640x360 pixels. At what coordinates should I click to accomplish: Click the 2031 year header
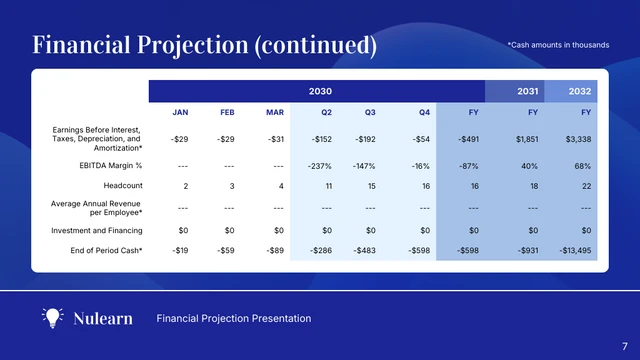click(x=528, y=90)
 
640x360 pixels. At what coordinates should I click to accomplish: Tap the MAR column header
click(x=275, y=111)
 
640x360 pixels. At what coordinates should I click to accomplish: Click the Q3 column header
click(x=370, y=111)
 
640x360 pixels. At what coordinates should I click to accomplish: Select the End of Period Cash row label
click(x=100, y=249)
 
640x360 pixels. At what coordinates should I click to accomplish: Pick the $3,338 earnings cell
click(x=578, y=139)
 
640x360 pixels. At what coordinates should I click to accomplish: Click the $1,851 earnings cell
click(x=527, y=139)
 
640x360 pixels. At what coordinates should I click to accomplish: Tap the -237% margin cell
click(x=320, y=164)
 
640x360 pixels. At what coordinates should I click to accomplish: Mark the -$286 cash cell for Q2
click(x=322, y=249)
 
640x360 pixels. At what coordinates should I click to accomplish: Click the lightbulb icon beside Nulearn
click(x=52, y=318)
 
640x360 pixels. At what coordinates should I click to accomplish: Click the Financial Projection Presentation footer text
click(x=234, y=318)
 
